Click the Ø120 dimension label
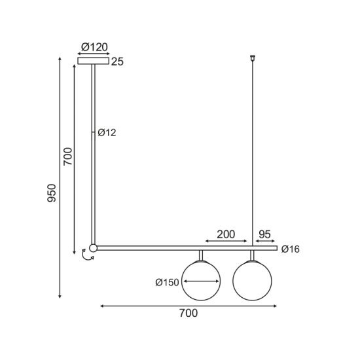pyautogui.click(x=94, y=47)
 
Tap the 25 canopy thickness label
pyautogui.click(x=117, y=62)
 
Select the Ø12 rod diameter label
pyautogui.click(x=107, y=133)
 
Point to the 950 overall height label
pyautogui.click(x=52, y=193)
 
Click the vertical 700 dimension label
pyautogui.click(x=68, y=156)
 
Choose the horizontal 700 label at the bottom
pyautogui.click(x=189, y=313)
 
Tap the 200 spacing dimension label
pyautogui.click(x=226, y=234)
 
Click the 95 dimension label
pyautogui.click(x=264, y=234)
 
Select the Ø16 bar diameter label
pyautogui.click(x=291, y=249)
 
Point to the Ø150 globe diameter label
pyautogui.click(x=167, y=282)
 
